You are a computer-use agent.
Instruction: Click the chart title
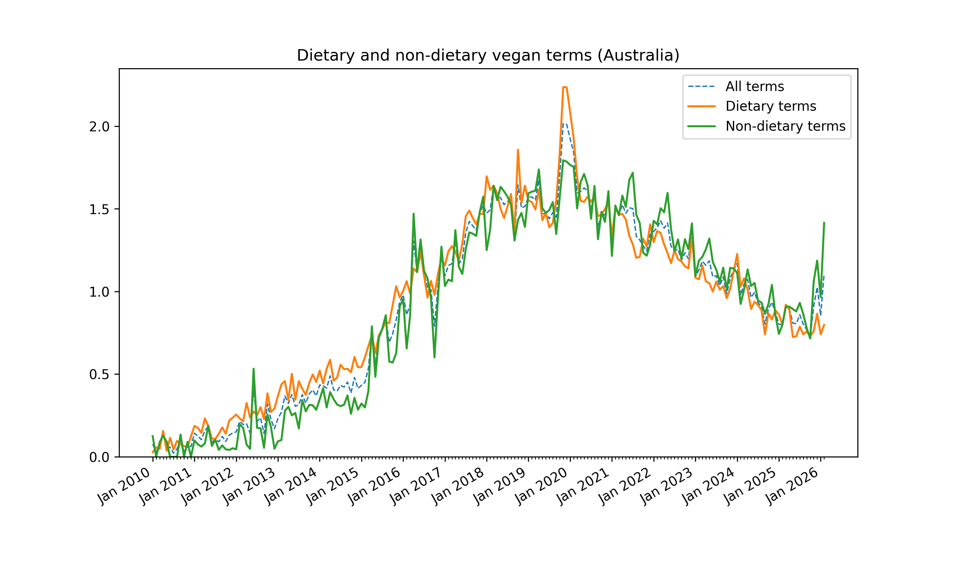pyautogui.click(x=488, y=56)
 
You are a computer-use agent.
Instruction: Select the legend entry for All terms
pyautogui.click(x=754, y=87)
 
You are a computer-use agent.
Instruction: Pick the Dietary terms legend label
pyautogui.click(x=770, y=106)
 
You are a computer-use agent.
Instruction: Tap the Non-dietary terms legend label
pyautogui.click(x=785, y=126)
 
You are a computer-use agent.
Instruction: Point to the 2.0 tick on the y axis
pyautogui.click(x=99, y=127)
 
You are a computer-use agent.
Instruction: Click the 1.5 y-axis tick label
pyautogui.click(x=99, y=209)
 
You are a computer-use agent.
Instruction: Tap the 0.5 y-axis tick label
pyautogui.click(x=99, y=374)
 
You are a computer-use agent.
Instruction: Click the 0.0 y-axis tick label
pyautogui.click(x=99, y=457)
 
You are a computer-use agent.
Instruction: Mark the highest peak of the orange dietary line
pyautogui.click(x=564, y=87)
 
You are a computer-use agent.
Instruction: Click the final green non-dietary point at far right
pyautogui.click(x=824, y=222)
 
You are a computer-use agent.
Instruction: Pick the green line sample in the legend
pyautogui.click(x=701, y=126)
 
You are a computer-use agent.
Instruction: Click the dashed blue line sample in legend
pyautogui.click(x=701, y=87)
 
